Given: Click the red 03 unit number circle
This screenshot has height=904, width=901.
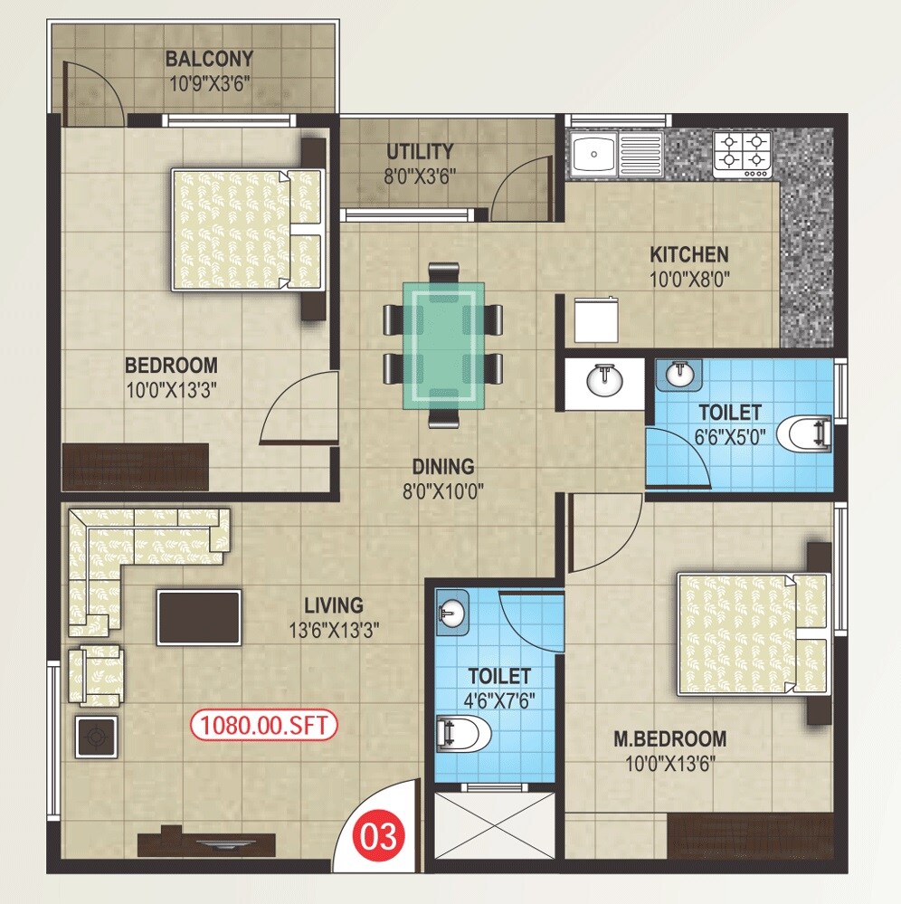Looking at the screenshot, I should pos(379,836).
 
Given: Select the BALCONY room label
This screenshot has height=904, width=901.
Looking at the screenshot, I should pos(209,60).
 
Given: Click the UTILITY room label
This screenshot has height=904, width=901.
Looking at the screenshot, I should pos(420,151).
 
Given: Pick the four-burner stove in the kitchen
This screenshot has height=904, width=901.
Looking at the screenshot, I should pos(743,153).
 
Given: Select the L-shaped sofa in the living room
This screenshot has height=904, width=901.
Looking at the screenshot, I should pos(127,551).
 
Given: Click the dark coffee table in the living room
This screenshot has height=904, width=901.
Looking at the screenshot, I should pos(199,617).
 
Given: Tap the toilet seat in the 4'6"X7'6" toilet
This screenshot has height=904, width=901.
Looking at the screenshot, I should pos(464,732).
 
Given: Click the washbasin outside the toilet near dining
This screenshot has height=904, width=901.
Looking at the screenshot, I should pos(602,380).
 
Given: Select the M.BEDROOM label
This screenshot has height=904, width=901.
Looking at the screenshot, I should pos(670,738).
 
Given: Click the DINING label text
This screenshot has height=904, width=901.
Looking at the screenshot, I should pos(443,467).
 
